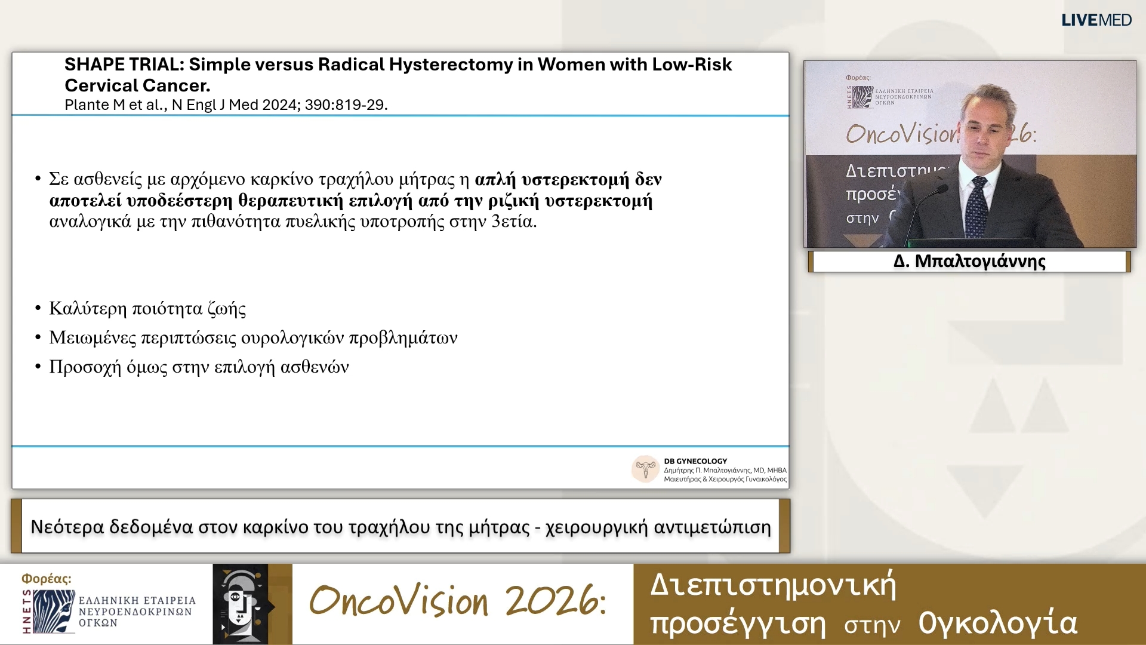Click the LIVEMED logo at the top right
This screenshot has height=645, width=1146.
(x=1096, y=20)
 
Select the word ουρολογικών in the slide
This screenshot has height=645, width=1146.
(x=292, y=338)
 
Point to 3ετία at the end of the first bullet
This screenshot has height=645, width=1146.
(x=513, y=222)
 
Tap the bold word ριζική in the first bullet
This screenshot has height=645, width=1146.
(x=513, y=201)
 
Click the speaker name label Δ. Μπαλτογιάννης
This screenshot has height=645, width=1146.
(x=969, y=262)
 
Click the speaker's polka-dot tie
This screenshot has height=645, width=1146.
(x=976, y=206)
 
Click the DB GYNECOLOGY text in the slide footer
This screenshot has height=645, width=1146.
(x=695, y=461)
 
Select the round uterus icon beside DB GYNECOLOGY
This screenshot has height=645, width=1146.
(x=645, y=469)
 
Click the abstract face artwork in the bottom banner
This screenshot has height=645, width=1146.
(x=241, y=604)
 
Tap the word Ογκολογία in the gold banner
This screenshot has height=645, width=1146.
(x=997, y=623)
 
